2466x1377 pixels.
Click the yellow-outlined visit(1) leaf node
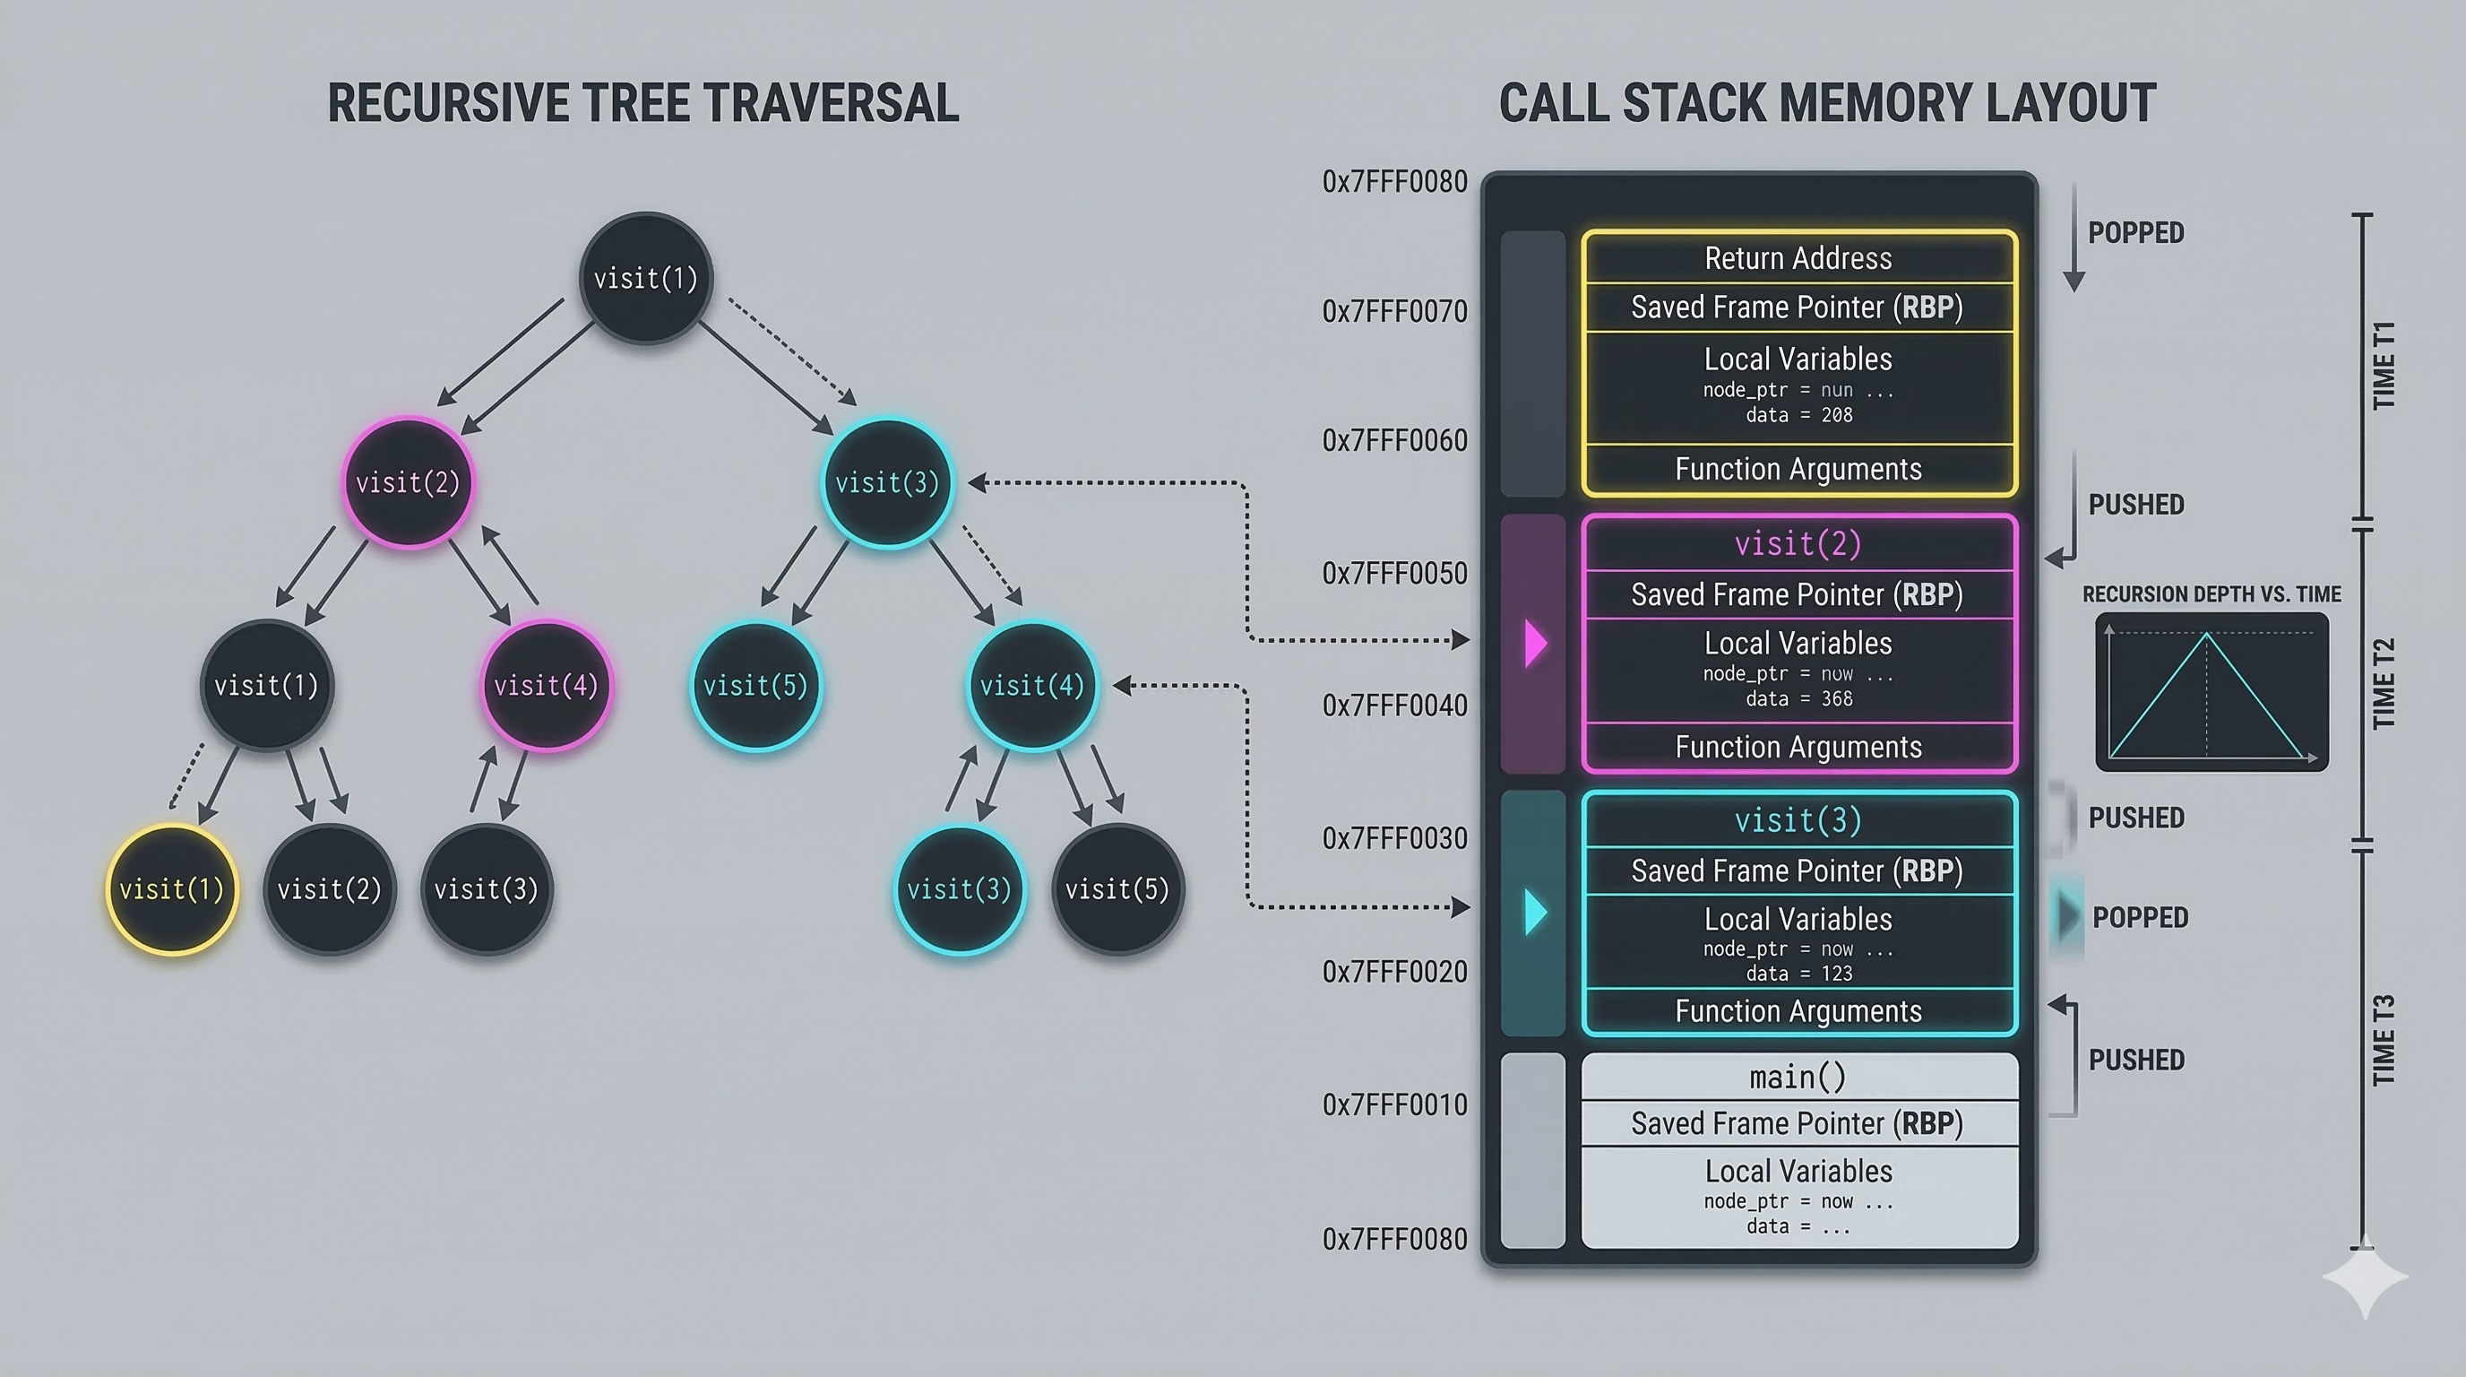click(x=171, y=889)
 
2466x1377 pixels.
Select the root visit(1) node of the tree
click(x=646, y=279)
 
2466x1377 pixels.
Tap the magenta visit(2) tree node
click(x=408, y=482)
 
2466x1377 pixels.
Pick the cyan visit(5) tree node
click(x=755, y=686)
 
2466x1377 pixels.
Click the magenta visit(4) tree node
click(x=546, y=686)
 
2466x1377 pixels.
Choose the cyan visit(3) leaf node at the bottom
click(x=959, y=889)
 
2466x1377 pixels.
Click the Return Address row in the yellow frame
click(x=1798, y=258)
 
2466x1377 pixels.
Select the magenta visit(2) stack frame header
click(x=1798, y=544)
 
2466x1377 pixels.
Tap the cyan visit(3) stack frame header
click(x=1798, y=820)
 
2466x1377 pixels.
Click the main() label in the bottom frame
click(x=1798, y=1078)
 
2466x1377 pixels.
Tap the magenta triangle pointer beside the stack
click(x=1536, y=643)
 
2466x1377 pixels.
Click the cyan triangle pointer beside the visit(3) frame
click(x=1536, y=912)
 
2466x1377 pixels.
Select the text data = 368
click(x=1798, y=699)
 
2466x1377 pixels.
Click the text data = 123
click(x=1798, y=974)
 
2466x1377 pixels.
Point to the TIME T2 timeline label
click(x=2384, y=684)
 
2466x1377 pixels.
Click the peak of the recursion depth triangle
click(x=2206, y=633)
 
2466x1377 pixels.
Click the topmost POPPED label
click(x=2135, y=233)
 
